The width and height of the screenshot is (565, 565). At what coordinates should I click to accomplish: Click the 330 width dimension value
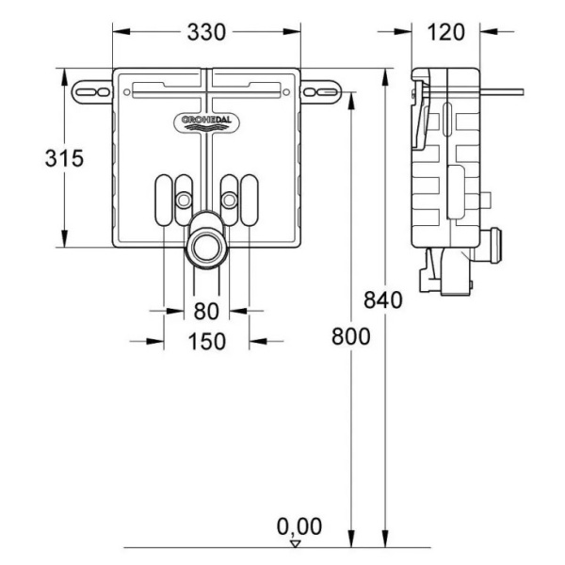[206, 31]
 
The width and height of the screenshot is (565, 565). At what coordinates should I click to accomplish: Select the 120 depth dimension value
[445, 31]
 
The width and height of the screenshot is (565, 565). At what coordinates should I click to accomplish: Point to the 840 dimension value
[382, 301]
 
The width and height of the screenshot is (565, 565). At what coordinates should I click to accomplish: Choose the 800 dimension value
[350, 336]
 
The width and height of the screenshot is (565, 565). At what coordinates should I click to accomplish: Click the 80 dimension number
[206, 310]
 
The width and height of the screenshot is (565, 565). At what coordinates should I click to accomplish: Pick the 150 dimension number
[206, 341]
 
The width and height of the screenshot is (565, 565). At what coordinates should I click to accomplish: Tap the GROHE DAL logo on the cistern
[205, 120]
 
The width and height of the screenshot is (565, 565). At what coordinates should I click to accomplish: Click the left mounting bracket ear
[91, 90]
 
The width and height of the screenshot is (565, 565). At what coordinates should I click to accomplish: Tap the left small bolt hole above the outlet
[182, 200]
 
